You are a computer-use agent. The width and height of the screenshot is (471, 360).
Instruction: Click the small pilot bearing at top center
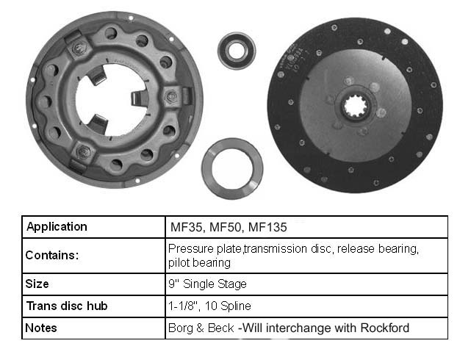click(x=237, y=51)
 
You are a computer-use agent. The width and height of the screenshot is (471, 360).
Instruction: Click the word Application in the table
click(x=57, y=227)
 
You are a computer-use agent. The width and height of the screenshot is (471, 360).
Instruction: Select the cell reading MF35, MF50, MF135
click(x=306, y=227)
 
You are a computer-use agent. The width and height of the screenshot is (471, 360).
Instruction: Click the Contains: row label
click(x=52, y=255)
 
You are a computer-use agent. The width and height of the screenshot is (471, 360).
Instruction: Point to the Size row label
click(x=37, y=284)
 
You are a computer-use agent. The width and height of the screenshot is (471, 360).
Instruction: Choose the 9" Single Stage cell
click(x=306, y=284)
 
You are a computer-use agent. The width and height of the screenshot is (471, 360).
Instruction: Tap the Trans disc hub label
click(x=67, y=306)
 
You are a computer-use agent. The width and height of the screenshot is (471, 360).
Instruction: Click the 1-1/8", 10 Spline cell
click(x=306, y=306)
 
